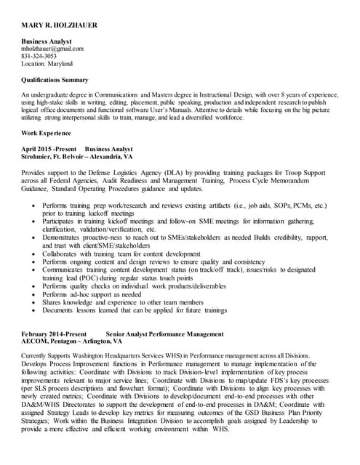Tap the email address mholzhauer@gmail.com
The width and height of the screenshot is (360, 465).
[52, 49]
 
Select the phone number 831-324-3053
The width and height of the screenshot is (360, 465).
[39, 56]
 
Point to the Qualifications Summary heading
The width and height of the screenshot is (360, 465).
[55, 80]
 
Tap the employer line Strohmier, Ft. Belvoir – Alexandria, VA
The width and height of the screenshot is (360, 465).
[77, 155]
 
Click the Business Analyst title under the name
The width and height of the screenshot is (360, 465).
[47, 41]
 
